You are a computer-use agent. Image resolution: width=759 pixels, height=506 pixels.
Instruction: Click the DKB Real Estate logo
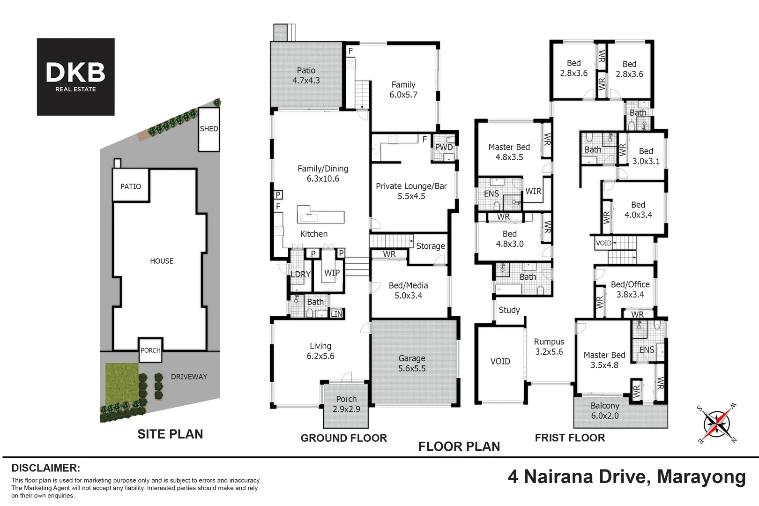click(x=75, y=77)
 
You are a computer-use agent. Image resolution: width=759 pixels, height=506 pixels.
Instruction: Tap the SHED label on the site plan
click(x=209, y=129)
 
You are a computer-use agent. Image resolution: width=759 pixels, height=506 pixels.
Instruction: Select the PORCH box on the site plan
click(x=150, y=350)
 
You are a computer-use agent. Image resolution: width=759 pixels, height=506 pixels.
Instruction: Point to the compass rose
click(x=717, y=424)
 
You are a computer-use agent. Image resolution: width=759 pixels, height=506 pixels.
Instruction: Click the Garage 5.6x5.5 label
click(x=412, y=364)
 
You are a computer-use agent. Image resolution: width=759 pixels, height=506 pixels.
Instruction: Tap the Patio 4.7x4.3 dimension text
click(x=306, y=81)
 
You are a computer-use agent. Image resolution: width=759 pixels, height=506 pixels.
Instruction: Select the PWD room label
click(x=444, y=147)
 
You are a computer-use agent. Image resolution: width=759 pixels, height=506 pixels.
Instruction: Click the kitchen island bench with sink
click(x=321, y=216)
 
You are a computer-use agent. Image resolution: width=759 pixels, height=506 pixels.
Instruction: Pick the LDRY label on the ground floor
click(x=300, y=275)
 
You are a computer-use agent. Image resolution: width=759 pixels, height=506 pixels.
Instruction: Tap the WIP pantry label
click(x=332, y=273)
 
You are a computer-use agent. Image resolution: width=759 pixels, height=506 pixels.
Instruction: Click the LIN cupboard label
click(x=336, y=314)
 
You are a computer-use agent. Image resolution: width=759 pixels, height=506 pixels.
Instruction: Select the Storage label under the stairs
click(x=430, y=246)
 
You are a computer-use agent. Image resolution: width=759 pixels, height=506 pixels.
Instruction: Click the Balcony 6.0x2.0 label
click(x=604, y=411)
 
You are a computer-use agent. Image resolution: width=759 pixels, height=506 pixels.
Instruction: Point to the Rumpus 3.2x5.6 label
click(x=549, y=347)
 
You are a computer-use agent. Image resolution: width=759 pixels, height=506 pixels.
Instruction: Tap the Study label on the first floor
click(x=509, y=310)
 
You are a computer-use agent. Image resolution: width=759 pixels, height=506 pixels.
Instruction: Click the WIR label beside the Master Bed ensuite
click(x=533, y=191)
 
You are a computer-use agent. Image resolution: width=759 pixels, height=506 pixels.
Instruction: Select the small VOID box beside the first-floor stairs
click(x=603, y=243)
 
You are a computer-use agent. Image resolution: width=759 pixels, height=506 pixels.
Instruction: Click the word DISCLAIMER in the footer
click(x=45, y=468)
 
